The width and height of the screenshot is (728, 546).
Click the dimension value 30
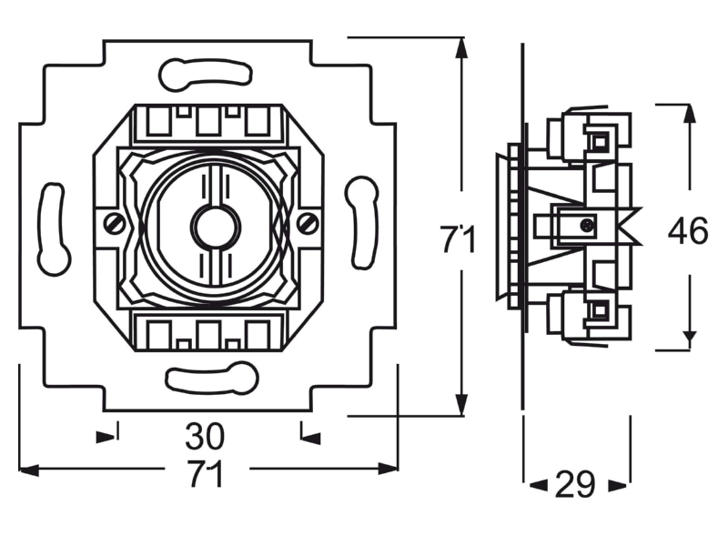pos(205,436)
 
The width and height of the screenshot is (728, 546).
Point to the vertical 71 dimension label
pos(459,239)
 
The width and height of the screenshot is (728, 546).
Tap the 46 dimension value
pos(688,231)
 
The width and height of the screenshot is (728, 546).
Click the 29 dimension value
pos(575,484)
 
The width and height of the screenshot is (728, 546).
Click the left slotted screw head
pos(115,224)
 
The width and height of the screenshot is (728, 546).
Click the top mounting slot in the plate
pos(206,75)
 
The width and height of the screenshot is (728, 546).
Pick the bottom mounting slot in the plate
pos(212,378)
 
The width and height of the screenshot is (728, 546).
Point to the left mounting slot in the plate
pos(54,229)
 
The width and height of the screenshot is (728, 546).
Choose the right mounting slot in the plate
pos(362,222)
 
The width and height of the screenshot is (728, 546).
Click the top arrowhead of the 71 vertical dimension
pos(460,48)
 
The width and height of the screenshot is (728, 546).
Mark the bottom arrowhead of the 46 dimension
pos(691,339)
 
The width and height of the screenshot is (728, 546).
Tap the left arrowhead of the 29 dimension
pos(539,486)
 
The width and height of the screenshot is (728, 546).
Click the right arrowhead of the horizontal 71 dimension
pos(388,469)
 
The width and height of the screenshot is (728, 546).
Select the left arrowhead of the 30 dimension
pos(106,437)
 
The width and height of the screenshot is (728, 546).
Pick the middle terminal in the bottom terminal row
pos(207,334)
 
